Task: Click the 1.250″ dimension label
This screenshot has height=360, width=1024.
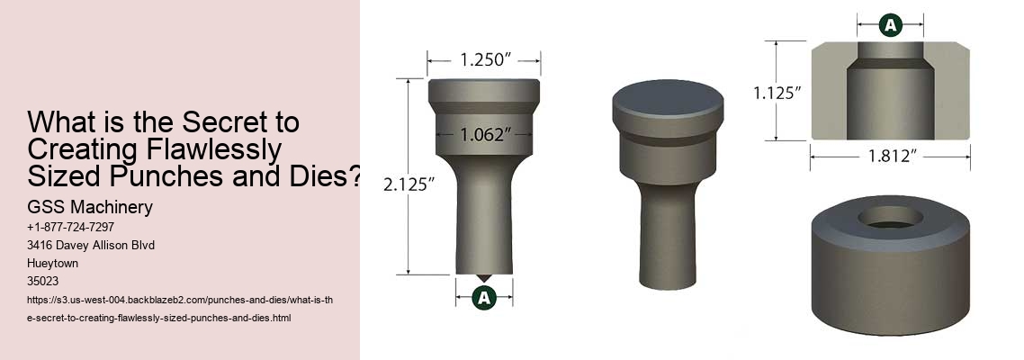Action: point(483,61)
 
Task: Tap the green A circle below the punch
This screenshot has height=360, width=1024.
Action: point(484,298)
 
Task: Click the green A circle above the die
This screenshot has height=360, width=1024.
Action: point(890,25)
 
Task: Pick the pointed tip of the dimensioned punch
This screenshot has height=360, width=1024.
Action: point(484,277)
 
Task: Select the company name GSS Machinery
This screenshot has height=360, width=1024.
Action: point(89,208)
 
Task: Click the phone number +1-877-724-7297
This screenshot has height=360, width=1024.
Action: point(70,228)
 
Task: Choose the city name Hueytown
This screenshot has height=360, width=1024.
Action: point(55,264)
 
